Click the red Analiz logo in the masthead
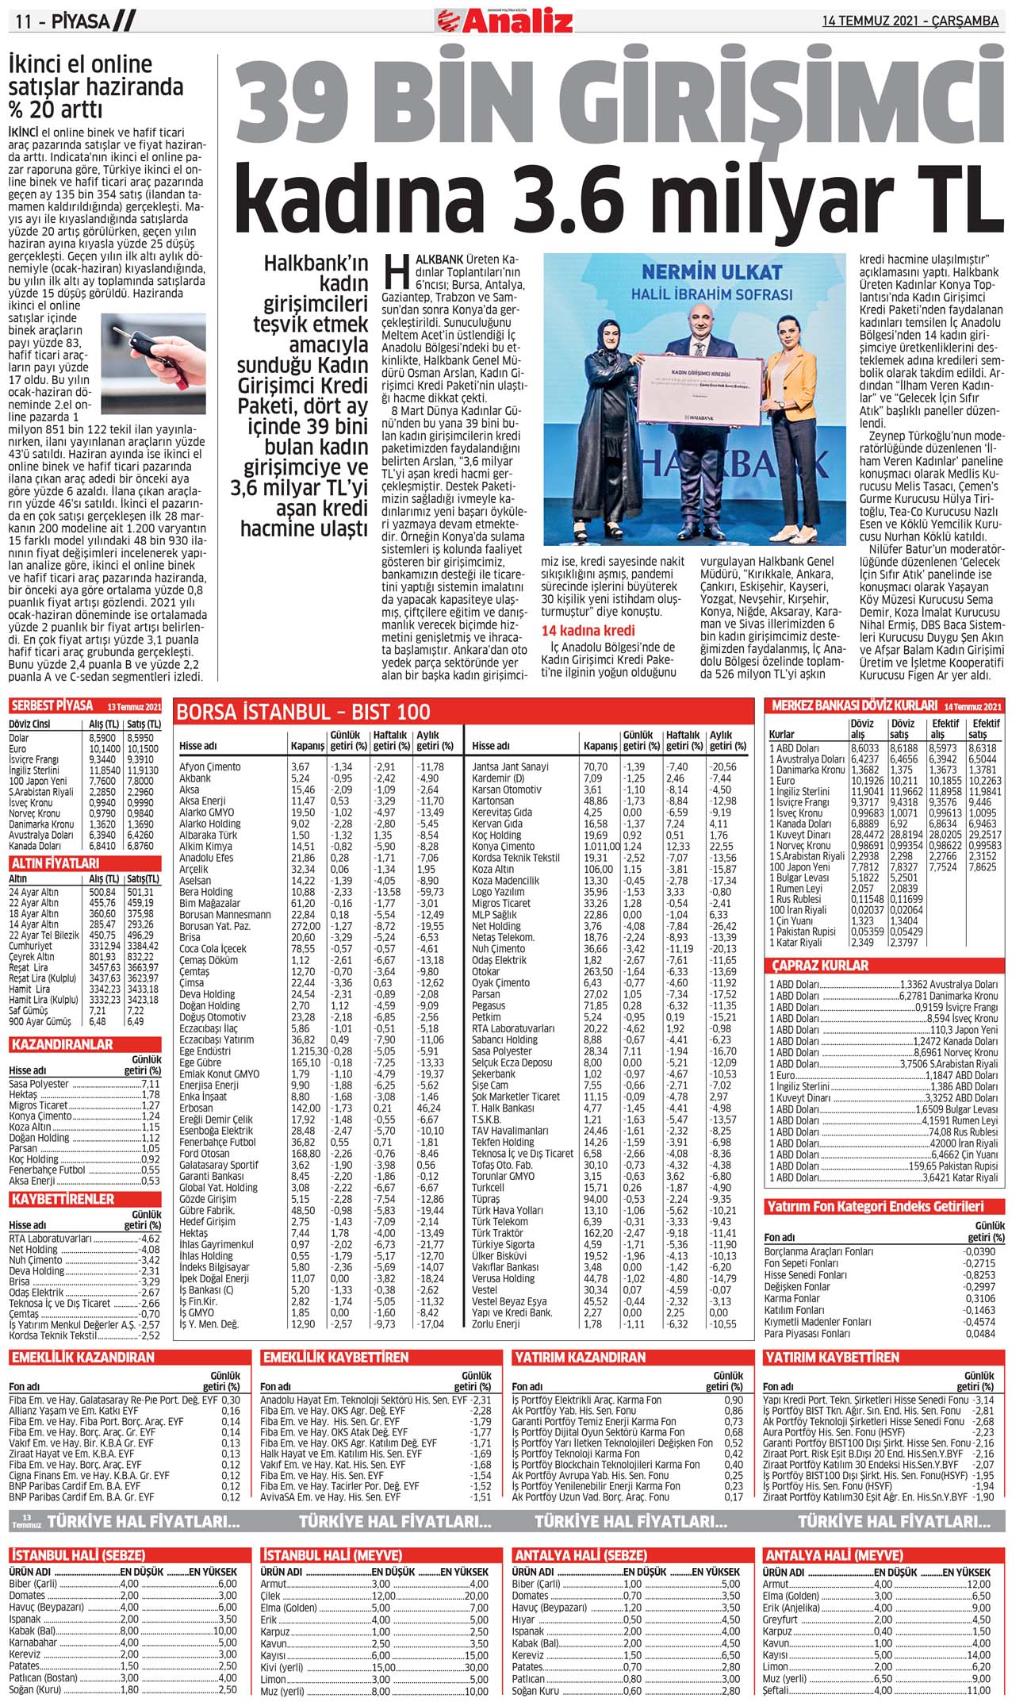504,20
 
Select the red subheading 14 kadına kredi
588,631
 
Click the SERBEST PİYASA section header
52,705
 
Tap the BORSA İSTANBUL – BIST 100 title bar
303,712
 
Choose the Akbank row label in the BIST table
195,778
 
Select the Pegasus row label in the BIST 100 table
489,1005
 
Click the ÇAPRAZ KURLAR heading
820,966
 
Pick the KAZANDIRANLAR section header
62,1044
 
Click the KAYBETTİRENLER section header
63,1199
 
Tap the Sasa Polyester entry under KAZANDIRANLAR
39,1083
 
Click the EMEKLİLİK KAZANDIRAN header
82,1358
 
